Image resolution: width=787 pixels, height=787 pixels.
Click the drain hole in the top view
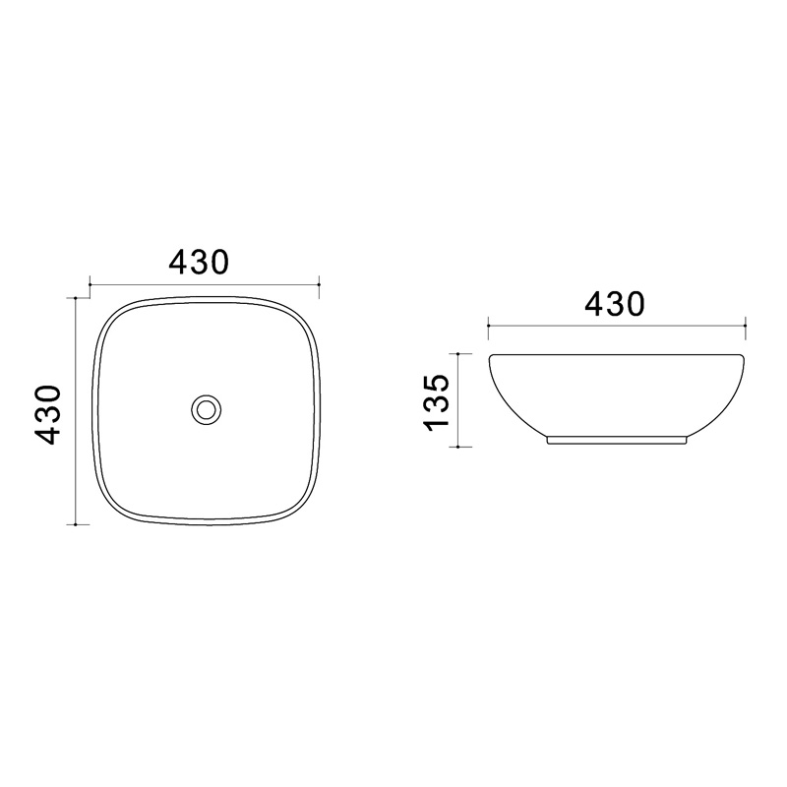pos(206,410)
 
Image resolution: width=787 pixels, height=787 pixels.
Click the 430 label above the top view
pos(199,262)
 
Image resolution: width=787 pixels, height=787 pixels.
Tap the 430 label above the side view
pos(614,304)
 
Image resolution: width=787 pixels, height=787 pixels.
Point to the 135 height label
pos(435,402)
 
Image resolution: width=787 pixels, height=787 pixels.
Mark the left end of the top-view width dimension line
pos(90,284)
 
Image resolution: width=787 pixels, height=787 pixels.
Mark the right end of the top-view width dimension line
pos(319,284)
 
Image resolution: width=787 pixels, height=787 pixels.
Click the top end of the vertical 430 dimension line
pos(75,298)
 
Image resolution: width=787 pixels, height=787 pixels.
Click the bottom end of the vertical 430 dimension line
pos(75,524)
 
